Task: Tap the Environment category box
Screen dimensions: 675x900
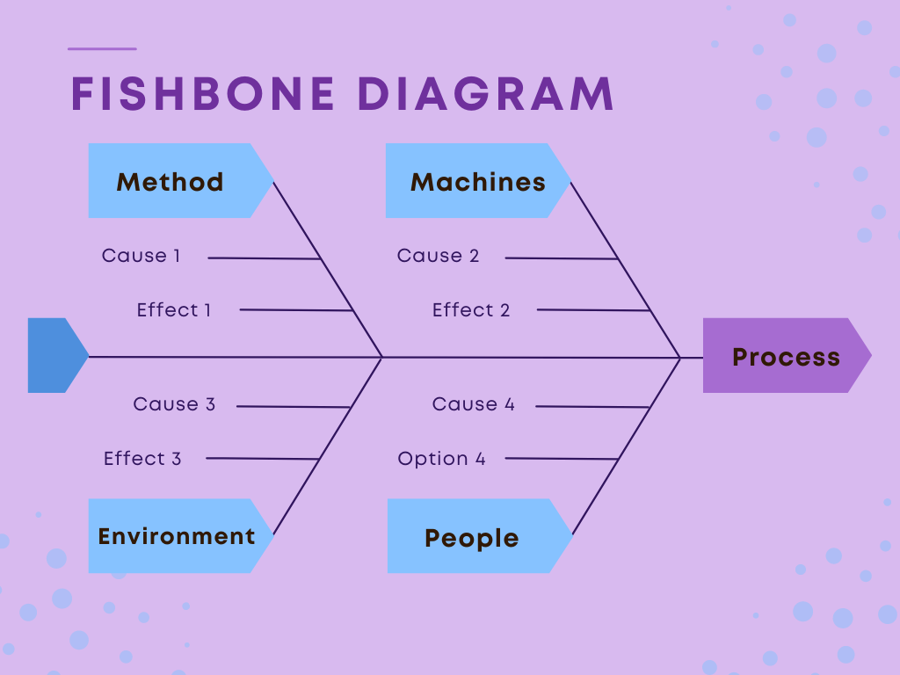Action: tap(177, 536)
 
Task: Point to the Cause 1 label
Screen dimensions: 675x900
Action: tap(141, 256)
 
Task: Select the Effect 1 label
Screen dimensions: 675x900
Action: tap(174, 310)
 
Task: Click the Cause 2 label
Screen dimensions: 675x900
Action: tap(438, 256)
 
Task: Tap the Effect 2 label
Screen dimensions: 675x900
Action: tap(471, 310)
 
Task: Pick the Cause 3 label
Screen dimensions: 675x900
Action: tap(174, 404)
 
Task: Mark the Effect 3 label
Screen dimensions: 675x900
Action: tap(142, 459)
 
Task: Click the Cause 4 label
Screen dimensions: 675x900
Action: tap(473, 404)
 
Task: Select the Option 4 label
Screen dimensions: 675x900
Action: tap(441, 459)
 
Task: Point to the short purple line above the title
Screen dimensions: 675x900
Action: tap(102, 49)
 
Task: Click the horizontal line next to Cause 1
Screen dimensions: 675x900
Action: tap(264, 258)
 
